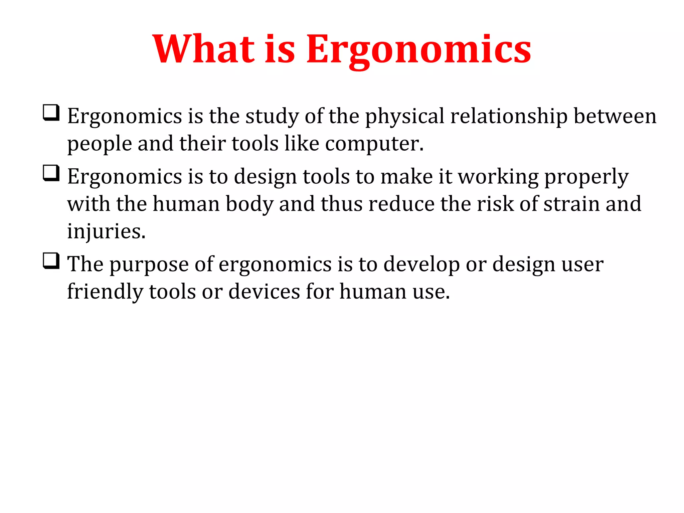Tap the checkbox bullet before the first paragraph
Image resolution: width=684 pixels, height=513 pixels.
(51, 113)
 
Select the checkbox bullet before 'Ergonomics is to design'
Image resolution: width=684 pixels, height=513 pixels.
(51, 173)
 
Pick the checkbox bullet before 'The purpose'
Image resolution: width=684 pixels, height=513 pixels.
(51, 261)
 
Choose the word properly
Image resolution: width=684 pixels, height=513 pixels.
(586, 177)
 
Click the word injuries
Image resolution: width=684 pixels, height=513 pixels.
(106, 231)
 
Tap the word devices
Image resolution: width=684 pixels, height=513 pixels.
(264, 292)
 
